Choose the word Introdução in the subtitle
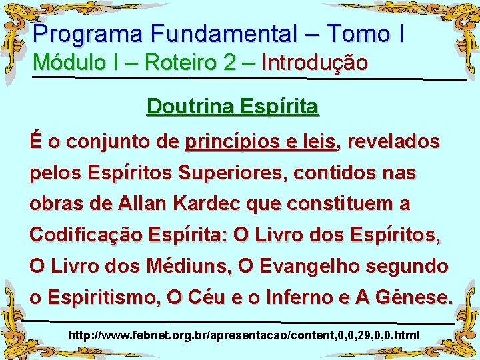315,63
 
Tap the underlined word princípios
226,142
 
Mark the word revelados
393,142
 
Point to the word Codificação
84,236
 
